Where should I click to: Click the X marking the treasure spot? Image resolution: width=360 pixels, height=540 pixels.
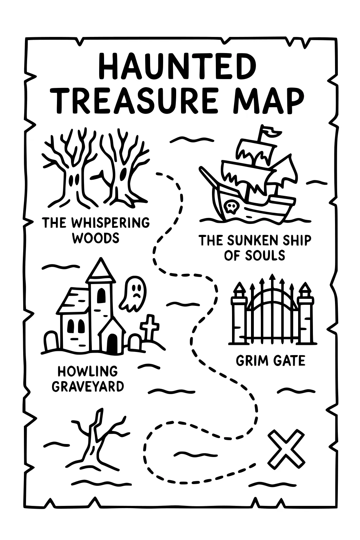pos(286,448)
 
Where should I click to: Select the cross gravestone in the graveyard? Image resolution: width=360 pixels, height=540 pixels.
pos(149,327)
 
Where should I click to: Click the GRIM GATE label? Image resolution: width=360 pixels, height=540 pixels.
pos(270,361)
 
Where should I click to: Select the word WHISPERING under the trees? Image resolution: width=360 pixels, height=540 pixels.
pos(110,223)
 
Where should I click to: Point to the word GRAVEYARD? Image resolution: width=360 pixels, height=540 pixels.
pos(88,386)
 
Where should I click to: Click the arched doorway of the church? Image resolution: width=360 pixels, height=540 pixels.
pos(112,343)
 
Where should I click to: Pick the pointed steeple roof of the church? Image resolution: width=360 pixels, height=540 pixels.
pos(101,271)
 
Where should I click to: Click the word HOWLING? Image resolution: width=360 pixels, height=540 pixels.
pos(88,371)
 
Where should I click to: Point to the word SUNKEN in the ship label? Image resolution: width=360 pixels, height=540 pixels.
pos(250,241)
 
